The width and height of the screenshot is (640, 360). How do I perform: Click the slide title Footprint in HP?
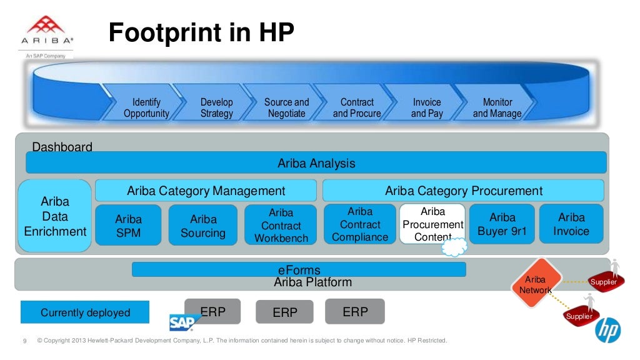pyautogui.click(x=201, y=33)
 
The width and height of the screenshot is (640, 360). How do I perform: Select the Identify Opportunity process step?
pyautogui.click(x=146, y=107)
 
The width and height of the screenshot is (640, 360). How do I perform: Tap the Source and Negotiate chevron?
pyautogui.click(x=286, y=107)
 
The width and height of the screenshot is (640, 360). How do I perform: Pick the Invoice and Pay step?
pyautogui.click(x=427, y=107)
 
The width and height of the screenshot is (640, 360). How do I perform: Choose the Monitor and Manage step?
pyautogui.click(x=497, y=107)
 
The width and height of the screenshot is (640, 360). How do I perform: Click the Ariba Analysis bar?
pyautogui.click(x=316, y=163)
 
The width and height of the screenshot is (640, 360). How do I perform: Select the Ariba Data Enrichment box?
pyautogui.click(x=55, y=216)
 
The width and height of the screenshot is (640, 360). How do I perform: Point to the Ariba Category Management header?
pyautogui.click(x=206, y=191)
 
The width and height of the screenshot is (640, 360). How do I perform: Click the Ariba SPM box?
pyautogui.click(x=128, y=226)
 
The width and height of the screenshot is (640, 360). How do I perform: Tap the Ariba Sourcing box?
pyautogui.click(x=203, y=226)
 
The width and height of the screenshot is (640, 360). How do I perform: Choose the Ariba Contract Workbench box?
pyautogui.click(x=281, y=226)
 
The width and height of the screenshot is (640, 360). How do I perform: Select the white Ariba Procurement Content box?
pyautogui.click(x=432, y=224)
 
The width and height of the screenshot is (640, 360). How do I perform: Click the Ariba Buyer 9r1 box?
pyautogui.click(x=502, y=224)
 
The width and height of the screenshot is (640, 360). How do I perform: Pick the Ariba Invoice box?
pyautogui.click(x=571, y=224)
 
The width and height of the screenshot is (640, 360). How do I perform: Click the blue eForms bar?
pyautogui.click(x=299, y=270)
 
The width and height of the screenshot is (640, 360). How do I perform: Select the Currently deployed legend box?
pyautogui.click(x=85, y=312)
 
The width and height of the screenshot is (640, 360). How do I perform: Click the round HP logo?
pyautogui.click(x=607, y=329)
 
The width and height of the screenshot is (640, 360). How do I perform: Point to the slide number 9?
pyautogui.click(x=24, y=341)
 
